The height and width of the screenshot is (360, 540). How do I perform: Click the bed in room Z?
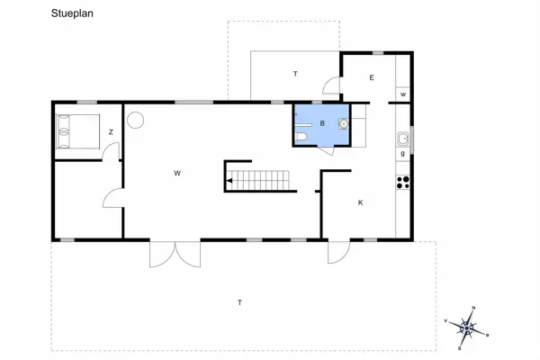coord(78,131)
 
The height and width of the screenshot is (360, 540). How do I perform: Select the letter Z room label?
coord(111,132)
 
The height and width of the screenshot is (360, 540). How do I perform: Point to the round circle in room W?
coord(136,120)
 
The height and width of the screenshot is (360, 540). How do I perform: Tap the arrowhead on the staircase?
coord(230,181)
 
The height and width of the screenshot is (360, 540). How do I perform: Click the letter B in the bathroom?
coord(321,122)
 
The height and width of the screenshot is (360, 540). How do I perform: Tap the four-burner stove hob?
coord(403,181)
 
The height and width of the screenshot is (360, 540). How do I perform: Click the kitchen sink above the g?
coord(403,139)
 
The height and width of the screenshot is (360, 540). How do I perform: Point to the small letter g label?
coord(402,155)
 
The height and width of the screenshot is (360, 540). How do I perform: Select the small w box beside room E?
coord(403,94)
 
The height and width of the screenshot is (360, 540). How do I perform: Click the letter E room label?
coord(371,78)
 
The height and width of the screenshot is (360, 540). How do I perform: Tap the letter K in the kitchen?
coord(360,202)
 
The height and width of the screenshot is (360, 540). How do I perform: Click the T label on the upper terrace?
coord(294,73)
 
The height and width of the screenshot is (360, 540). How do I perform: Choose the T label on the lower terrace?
coord(239,301)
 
